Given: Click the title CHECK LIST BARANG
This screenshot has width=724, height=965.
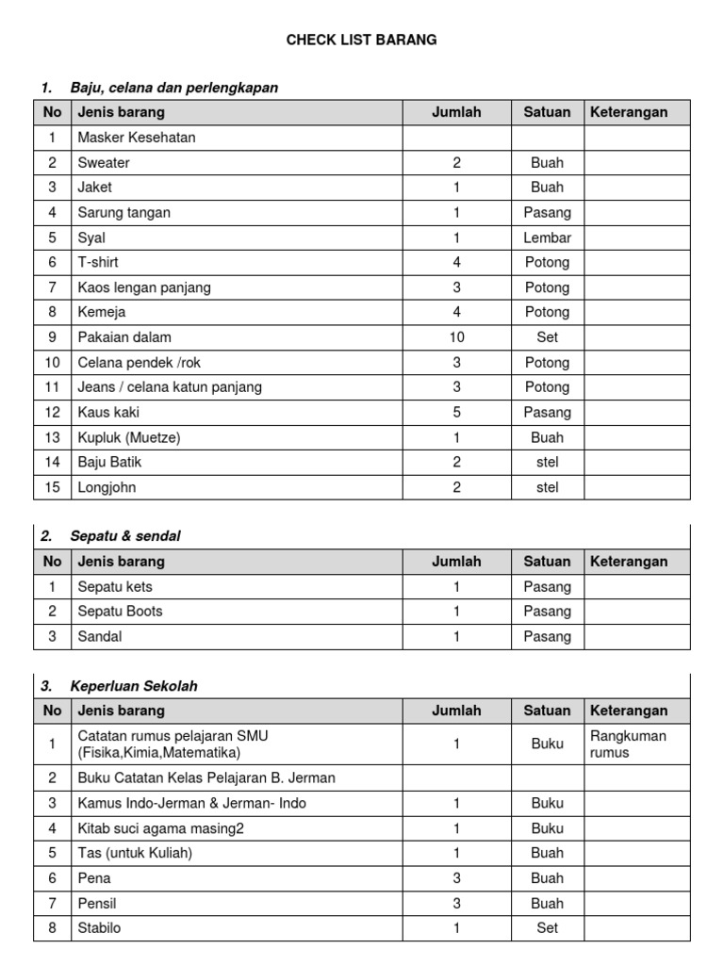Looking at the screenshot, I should (362, 40).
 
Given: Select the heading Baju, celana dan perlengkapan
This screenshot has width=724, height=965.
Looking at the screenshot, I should (173, 88).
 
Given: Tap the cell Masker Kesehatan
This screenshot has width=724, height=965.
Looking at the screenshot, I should (137, 138).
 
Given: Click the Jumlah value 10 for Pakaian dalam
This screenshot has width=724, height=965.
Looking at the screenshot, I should (456, 337).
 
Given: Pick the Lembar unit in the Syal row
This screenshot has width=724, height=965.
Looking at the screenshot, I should (547, 237).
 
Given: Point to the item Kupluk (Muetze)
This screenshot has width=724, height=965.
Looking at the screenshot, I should (129, 437).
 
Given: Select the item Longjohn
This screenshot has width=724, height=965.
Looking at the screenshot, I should (108, 487).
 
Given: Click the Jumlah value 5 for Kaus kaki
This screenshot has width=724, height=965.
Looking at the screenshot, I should (456, 412).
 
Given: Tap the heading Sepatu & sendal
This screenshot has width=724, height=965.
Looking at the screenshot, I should (124, 536).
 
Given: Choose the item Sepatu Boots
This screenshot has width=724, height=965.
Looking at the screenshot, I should (120, 611).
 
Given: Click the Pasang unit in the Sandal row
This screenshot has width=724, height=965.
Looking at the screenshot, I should (547, 636).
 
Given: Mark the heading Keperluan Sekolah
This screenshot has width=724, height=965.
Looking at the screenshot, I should (134, 686).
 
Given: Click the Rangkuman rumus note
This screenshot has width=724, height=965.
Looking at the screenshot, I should (628, 744).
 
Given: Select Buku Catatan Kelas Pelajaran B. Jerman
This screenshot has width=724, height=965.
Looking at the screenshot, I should (206, 777).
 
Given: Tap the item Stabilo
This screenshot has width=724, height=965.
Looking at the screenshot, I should (100, 927).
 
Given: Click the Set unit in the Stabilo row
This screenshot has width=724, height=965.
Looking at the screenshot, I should (547, 927).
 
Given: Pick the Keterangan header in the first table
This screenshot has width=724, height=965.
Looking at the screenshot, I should (628, 112).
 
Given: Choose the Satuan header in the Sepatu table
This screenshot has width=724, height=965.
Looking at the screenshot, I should (547, 562).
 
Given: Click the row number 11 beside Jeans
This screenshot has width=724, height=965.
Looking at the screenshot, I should (53, 387).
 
